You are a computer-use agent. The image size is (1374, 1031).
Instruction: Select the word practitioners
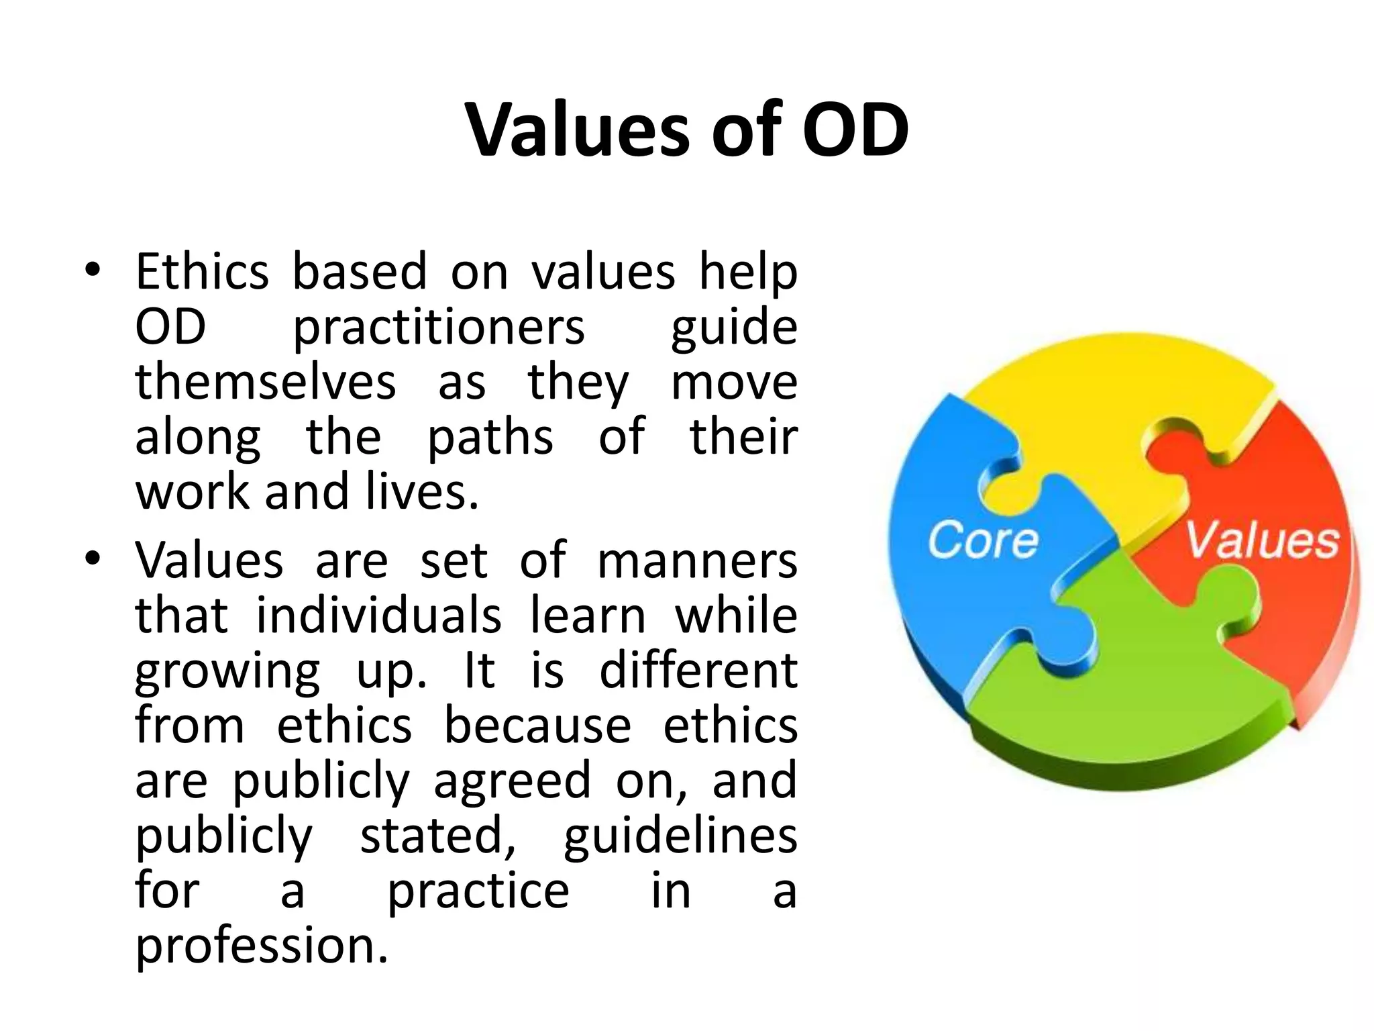tap(439, 328)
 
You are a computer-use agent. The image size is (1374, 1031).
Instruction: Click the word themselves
tap(266, 382)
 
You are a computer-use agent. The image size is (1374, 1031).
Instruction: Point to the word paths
tap(490, 438)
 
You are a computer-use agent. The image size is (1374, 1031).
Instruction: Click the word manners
tap(697, 561)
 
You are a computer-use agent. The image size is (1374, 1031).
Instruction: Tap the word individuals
tap(379, 615)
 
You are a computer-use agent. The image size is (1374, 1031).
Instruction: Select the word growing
tap(228, 671)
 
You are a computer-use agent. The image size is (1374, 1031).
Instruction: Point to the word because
tap(537, 726)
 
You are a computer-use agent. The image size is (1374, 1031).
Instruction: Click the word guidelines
tap(680, 836)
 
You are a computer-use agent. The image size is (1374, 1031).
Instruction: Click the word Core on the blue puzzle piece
tap(982, 540)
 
